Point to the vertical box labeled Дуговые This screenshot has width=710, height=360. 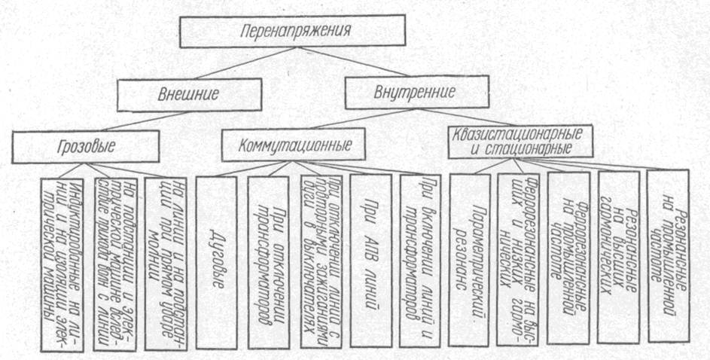pyautogui.click(x=216, y=260)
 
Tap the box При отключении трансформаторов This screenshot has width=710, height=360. pyautogui.click(x=268, y=260)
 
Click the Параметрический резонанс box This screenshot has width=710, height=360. pyautogui.click(x=469, y=260)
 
